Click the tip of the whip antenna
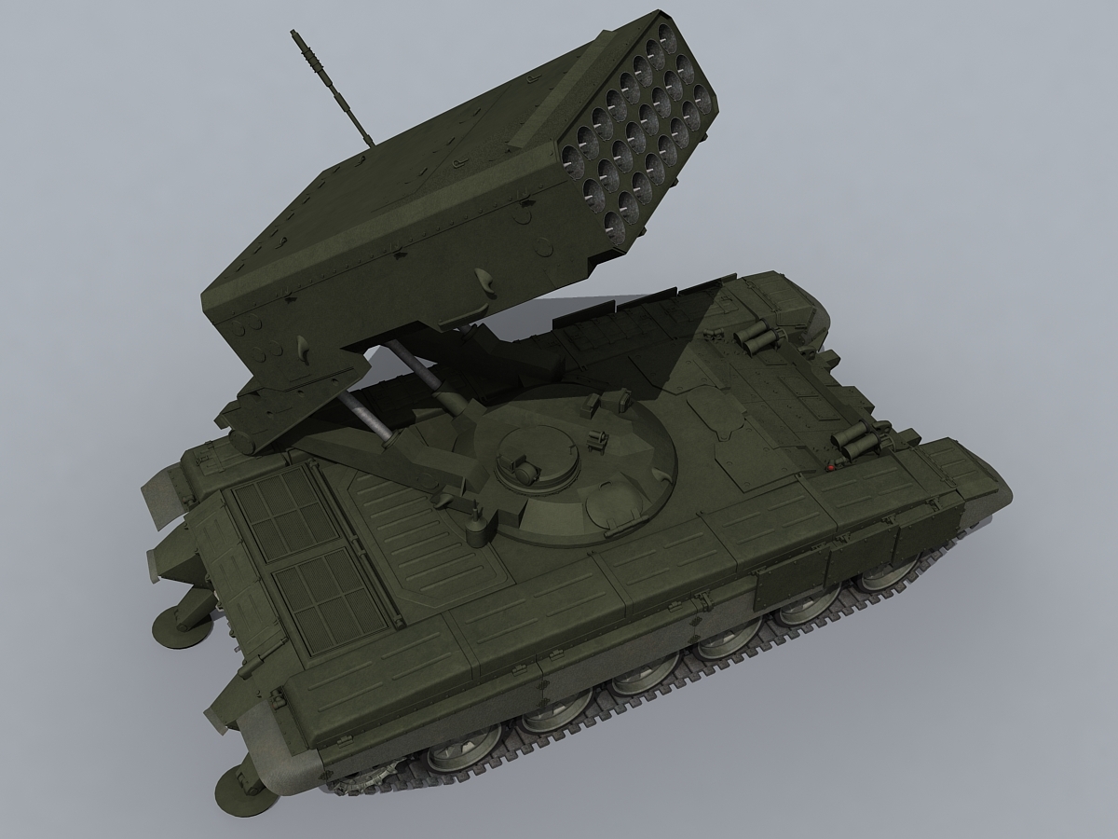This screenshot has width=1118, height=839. coord(296,34)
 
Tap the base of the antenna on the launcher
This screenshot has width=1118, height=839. coord(370,144)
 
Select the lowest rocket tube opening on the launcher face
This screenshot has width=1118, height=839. coord(616,222)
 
